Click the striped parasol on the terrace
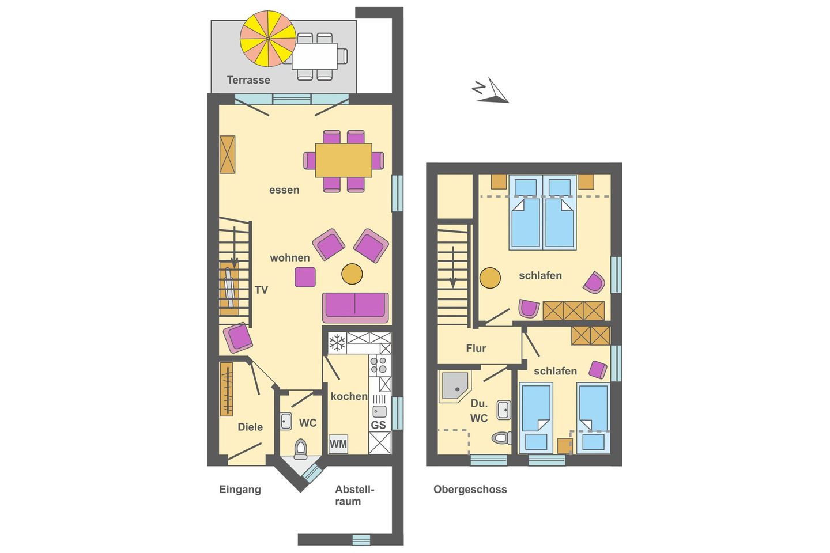coord(268,39)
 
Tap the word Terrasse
coord(248,80)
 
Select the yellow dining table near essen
coord(344,160)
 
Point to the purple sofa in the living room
coord(355,308)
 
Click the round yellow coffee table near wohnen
coord(352,274)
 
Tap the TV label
coord(261,290)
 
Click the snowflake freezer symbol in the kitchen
coord(337,343)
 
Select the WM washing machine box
coord(338,444)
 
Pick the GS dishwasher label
coord(378,425)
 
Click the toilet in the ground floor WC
coord(300,448)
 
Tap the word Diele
coord(250,427)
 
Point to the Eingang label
coord(240,490)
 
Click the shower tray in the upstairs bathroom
coord(455,385)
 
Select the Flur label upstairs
coord(476,348)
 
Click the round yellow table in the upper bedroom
coord(490,278)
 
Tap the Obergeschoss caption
coord(470,490)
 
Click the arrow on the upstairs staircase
coord(453,267)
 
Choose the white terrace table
coord(315,56)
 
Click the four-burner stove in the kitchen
coord(378,365)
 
